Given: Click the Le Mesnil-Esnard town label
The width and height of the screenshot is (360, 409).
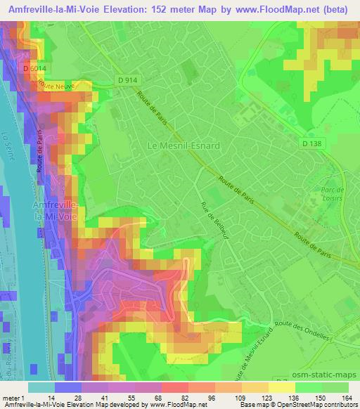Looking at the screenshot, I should tap(183, 145).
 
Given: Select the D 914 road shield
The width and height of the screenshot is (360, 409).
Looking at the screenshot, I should tap(127, 80).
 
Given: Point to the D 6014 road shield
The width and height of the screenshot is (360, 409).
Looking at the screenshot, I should tap(34, 69).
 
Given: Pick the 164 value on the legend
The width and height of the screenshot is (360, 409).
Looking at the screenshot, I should tap(347, 398).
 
